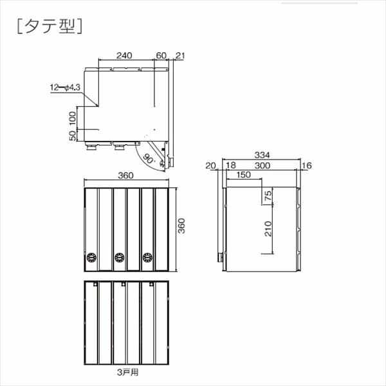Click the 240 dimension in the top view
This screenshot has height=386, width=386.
pos(125,56)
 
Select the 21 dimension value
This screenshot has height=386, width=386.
pos(180,56)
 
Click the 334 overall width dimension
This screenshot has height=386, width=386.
pos(261,154)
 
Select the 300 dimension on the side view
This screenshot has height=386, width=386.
pos(262,166)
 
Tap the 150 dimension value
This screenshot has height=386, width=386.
pos(243,175)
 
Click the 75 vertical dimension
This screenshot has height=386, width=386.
pos(268,196)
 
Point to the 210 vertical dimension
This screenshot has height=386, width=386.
pos(268,228)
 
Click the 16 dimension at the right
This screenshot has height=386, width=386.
pos(306,166)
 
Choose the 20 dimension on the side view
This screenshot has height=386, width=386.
pos(211,166)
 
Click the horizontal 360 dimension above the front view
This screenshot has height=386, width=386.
pos(125,176)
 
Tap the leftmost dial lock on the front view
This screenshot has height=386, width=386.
pos(90,258)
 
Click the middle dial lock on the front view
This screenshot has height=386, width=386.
pos(119,258)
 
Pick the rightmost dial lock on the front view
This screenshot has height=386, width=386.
pos(148,258)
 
